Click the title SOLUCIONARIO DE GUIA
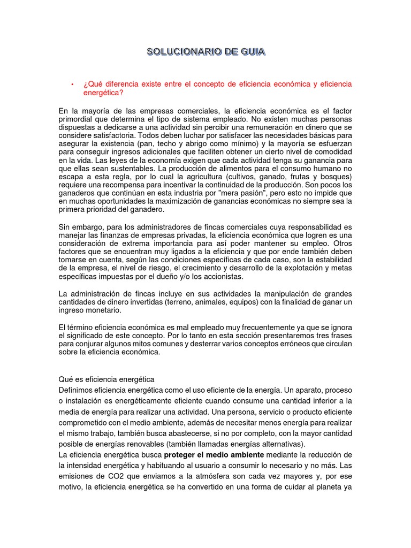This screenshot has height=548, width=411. coord(205,52)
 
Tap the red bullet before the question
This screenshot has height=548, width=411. coord(71,85)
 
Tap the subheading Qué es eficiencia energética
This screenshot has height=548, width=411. coord(106,379)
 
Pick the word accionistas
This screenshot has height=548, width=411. coord(221,277)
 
